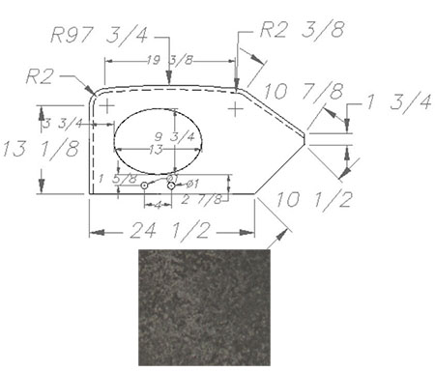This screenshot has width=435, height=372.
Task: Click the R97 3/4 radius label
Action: coord(100,35)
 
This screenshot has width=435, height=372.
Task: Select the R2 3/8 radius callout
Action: coord(302,30)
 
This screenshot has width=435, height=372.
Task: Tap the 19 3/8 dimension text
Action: coord(170,60)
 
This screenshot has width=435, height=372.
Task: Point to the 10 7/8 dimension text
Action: coord(304,92)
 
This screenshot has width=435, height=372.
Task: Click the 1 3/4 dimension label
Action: coord(398,102)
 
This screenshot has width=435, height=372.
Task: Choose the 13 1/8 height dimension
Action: coord(41,149)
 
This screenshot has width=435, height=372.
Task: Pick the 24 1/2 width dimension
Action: coord(170,230)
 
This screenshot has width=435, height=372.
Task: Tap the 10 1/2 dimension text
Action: coord(314,199)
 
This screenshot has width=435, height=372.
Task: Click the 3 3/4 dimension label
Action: coord(63,123)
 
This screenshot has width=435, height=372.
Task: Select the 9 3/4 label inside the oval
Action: coord(175,136)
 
